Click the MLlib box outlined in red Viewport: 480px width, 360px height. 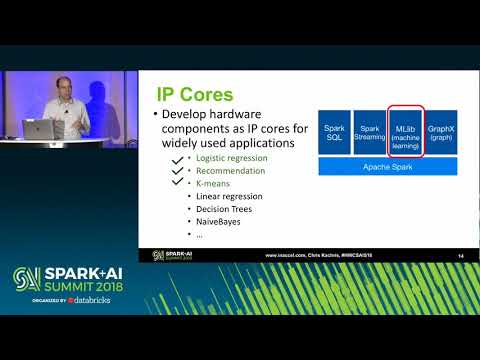pos(406,133)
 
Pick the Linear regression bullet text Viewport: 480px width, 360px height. pos(223,196)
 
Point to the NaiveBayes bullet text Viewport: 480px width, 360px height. pos(216,221)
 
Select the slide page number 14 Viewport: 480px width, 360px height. pos(460,256)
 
